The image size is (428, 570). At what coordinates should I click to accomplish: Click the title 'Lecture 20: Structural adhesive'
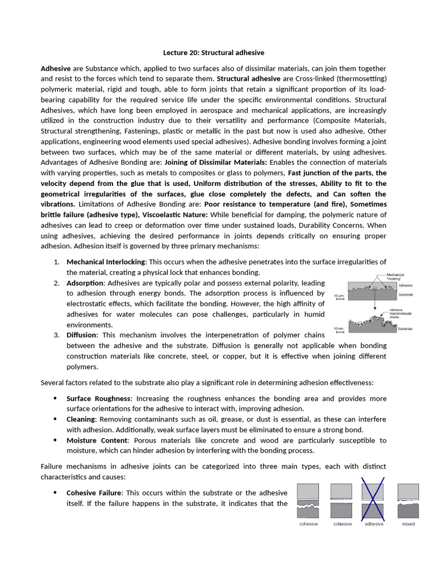tap(213, 53)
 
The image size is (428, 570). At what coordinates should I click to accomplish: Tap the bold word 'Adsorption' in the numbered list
tap(85, 283)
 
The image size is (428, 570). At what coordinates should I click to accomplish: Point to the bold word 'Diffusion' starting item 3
tap(81, 335)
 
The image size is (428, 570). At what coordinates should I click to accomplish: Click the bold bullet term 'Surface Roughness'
tap(99, 399)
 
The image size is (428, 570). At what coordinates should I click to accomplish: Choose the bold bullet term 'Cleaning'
tap(81, 419)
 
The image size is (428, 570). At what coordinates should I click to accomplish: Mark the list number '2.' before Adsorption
tap(57, 283)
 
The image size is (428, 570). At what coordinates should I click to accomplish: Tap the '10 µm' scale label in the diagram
tap(339, 296)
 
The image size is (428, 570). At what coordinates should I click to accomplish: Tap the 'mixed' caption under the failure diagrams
tap(408, 524)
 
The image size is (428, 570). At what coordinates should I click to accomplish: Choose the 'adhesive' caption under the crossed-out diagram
tap(373, 524)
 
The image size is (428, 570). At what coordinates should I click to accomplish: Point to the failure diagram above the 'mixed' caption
tap(408, 500)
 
